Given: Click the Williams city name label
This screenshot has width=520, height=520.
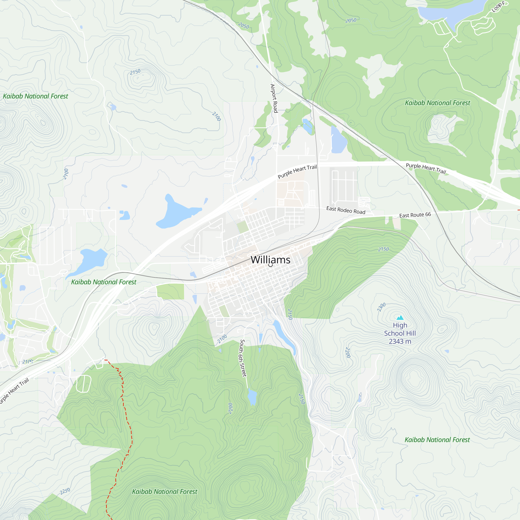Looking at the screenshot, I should [x=270, y=260].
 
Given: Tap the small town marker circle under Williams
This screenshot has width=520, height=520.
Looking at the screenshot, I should [x=270, y=265].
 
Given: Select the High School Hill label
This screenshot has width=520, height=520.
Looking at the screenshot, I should [x=400, y=329].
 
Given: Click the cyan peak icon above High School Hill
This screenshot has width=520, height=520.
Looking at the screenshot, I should [x=400, y=318].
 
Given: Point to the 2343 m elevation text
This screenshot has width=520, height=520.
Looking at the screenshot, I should [x=400, y=341].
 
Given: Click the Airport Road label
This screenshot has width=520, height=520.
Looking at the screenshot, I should [x=274, y=98].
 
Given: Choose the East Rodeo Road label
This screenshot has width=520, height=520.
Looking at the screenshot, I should [x=346, y=210].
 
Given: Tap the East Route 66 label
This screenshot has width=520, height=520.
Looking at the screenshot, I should [x=415, y=215].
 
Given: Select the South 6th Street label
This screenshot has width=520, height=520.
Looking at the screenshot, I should [x=243, y=358].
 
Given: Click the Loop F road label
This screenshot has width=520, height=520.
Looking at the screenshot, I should [x=498, y=7].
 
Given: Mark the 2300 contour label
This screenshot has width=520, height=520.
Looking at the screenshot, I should [x=381, y=307].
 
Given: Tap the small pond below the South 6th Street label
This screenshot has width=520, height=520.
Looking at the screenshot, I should [x=252, y=396].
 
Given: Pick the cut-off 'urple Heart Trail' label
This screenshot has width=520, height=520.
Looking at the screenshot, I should [x=14, y=391].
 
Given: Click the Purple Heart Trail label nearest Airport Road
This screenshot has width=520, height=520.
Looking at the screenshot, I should [x=297, y=171].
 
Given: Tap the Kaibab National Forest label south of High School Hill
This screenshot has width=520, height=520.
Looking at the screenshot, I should [x=437, y=440].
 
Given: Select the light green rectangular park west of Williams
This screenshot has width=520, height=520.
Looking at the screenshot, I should [x=170, y=291].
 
